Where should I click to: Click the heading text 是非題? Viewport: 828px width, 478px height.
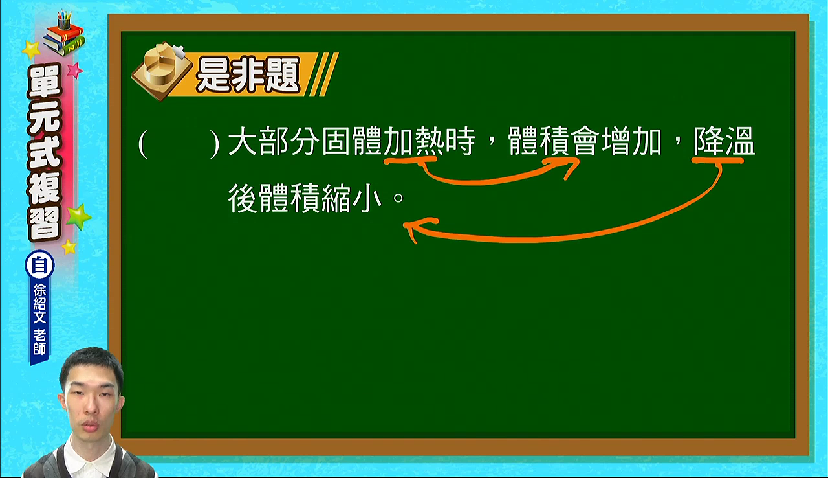click(248, 75)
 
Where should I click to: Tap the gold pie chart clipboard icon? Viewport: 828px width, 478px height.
click(162, 71)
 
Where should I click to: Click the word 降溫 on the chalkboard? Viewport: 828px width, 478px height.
click(724, 142)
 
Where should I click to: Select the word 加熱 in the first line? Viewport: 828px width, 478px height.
click(414, 142)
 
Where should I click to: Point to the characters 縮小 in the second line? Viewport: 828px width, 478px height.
click(351, 199)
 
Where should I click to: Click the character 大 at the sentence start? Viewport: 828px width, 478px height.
click(243, 142)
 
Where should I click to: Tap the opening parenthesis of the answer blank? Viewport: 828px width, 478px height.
click(143, 144)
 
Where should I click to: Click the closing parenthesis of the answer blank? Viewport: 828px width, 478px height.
click(214, 144)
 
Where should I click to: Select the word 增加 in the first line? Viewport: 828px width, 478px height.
click(631, 142)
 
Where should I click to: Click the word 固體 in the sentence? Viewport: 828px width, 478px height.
click(352, 142)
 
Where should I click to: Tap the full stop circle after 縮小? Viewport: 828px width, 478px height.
click(398, 198)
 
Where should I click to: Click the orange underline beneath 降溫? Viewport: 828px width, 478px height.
click(717, 161)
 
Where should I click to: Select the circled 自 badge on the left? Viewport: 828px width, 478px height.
click(39, 266)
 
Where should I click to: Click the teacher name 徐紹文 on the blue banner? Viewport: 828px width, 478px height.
click(39, 303)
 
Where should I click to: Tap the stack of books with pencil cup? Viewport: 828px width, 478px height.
click(64, 33)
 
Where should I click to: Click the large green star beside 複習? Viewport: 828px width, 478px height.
click(78, 216)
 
